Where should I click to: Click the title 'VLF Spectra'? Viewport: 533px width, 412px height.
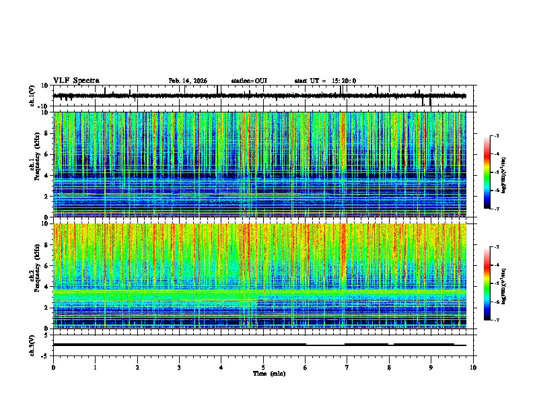[x=76, y=81]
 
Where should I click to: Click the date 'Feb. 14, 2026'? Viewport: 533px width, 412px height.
[x=188, y=81]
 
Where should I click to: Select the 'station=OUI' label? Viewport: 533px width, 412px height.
[x=249, y=81]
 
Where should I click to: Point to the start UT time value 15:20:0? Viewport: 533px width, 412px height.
[x=344, y=81]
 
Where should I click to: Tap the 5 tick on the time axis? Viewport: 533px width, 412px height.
[x=263, y=367]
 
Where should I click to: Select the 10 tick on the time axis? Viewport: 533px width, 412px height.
[x=473, y=367]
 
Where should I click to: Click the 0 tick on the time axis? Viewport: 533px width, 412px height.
[x=53, y=367]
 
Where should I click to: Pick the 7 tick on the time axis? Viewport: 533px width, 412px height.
[x=347, y=367]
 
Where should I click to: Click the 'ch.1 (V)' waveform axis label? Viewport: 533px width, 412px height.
[x=32, y=96]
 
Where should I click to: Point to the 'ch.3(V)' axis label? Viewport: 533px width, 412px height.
[x=32, y=344]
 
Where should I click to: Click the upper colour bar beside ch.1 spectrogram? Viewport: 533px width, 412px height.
[x=487, y=172]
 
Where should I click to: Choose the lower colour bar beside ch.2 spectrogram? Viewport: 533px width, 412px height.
[x=487, y=283]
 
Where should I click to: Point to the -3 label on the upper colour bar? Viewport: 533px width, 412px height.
[x=497, y=136]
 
